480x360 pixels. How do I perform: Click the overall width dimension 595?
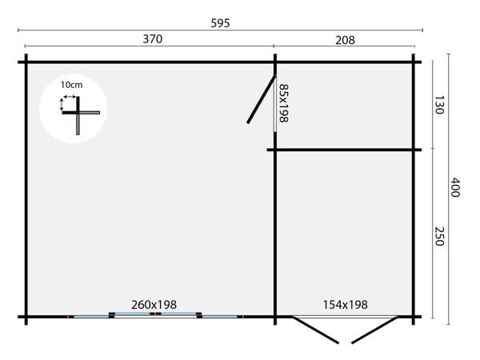[221, 23]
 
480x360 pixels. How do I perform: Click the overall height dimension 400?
[455, 188]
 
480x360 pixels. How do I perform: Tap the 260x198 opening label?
[154, 304]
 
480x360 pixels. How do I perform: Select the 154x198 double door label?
[345, 304]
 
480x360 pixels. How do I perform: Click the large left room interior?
[152, 200]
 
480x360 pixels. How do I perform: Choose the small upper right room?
[346, 104]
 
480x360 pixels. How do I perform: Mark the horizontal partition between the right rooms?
[344, 150]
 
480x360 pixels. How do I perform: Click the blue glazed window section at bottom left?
[90, 317]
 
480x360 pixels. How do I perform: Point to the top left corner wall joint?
[26, 61]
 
